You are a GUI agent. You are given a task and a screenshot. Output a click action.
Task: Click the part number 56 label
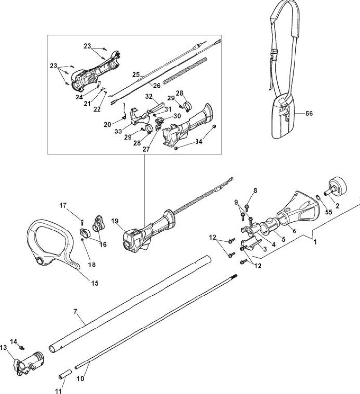[x=309, y=114]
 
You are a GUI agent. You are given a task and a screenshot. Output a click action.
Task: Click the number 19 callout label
[x=115, y=221]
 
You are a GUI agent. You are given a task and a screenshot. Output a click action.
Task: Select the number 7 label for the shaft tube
[x=75, y=312]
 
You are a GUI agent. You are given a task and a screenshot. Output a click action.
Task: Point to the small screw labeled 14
[x=22, y=348]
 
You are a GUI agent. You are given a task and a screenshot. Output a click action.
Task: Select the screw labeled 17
[x=82, y=222]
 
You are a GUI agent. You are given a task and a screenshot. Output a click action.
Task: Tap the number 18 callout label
[x=92, y=264]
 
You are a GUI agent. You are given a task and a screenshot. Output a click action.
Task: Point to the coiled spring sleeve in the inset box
[x=185, y=70]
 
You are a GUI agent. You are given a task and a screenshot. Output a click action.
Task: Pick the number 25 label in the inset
[x=136, y=75]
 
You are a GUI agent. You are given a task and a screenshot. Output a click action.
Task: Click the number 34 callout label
[x=199, y=142]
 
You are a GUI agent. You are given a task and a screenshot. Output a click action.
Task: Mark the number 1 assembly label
[x=315, y=242]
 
